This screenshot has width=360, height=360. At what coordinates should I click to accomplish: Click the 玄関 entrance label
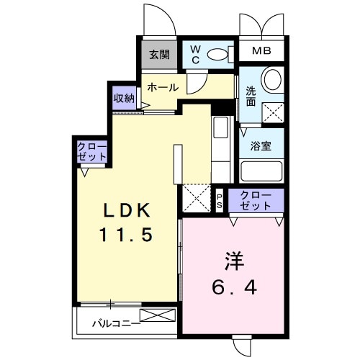(x=158, y=54)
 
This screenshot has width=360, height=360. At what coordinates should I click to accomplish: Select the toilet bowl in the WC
(x=217, y=54)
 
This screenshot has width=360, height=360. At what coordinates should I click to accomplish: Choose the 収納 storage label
(x=124, y=99)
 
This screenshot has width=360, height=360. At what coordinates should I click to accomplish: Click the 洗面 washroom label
(x=251, y=96)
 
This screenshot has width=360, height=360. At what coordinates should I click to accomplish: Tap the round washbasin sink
(x=271, y=78)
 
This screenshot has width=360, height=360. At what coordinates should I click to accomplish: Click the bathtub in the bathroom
(x=261, y=171)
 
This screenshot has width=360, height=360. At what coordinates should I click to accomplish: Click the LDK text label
(x=127, y=211)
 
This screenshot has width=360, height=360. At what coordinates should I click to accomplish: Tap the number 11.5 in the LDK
(x=127, y=235)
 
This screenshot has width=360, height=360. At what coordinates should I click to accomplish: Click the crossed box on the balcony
(x=157, y=315)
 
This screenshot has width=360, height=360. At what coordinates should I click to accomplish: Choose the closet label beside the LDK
(x=92, y=152)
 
